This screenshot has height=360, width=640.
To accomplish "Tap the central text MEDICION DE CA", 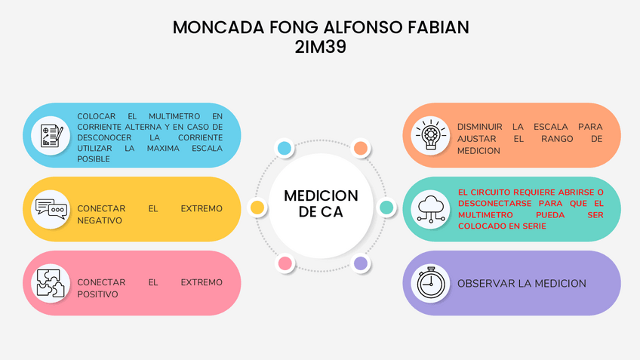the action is point(321,204).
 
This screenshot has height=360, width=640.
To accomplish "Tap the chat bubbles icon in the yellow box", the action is point(51,209).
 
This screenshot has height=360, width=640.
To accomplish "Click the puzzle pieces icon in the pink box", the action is point(51,283).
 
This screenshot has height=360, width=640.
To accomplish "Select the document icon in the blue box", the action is point(51,135).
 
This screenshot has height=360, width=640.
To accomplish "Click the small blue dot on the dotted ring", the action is point(285,148).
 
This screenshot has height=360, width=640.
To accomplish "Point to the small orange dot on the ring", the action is point(361,148).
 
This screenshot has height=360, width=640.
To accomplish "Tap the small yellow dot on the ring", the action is point(257,207).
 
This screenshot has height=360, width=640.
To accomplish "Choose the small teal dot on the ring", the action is point(386,207).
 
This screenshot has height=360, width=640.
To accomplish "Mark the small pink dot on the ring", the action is point(285,263).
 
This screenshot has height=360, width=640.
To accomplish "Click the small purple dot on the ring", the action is point(361,263).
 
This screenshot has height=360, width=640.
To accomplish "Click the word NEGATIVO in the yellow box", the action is point(100,220).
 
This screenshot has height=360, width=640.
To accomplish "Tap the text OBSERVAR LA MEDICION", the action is point(522,283).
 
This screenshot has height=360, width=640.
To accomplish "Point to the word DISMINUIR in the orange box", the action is point(480,127).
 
